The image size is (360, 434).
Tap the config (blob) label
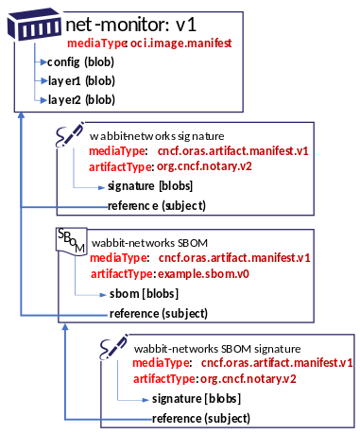click(81, 62)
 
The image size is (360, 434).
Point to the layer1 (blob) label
click(81, 80)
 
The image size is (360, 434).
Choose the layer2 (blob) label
click(81, 98)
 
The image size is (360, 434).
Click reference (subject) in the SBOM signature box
click(200, 418)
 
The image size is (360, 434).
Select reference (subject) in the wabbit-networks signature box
click(157, 205)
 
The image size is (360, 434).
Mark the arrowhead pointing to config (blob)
click(43, 62)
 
